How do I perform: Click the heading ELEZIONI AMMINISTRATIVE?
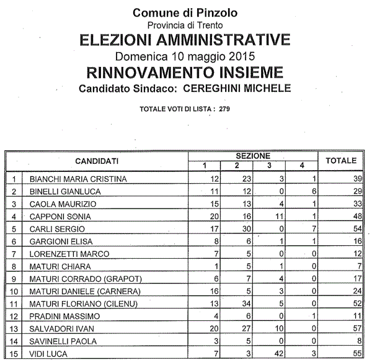(185, 40)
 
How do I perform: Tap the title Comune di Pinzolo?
(185, 12)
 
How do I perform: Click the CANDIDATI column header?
(97, 161)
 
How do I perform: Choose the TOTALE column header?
(340, 161)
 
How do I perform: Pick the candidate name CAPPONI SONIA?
(60, 217)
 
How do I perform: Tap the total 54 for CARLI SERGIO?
(356, 229)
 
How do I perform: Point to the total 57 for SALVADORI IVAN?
(356, 328)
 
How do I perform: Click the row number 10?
(14, 291)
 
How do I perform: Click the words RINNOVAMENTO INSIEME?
(185, 72)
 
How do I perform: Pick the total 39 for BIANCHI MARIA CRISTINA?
(356, 179)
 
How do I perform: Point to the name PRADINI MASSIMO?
(61, 316)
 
